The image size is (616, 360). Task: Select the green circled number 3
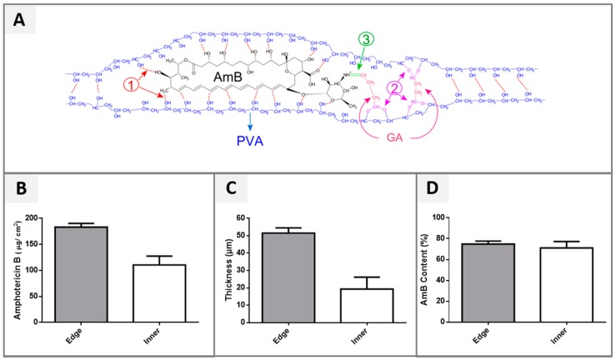pyautogui.click(x=366, y=40)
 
